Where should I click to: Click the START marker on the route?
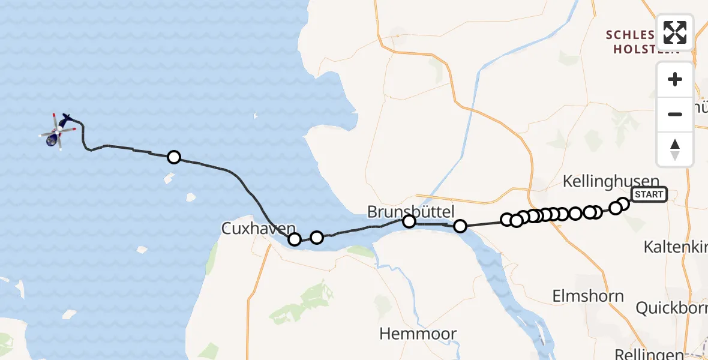click(649, 194)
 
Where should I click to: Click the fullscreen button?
click(675, 32)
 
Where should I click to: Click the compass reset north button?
click(675, 149)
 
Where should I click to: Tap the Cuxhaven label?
click(259, 229)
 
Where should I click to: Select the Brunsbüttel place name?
click(411, 211)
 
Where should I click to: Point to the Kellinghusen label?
click(611, 181)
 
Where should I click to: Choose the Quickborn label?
click(671, 308)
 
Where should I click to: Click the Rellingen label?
click(649, 354)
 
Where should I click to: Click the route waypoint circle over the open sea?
click(174, 157)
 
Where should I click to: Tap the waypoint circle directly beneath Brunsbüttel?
click(409, 222)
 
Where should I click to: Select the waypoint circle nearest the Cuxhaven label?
click(295, 239)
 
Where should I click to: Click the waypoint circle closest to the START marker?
click(623, 204)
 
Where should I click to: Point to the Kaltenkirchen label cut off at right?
click(675, 247)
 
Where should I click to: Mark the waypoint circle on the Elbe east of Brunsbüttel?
click(460, 226)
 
